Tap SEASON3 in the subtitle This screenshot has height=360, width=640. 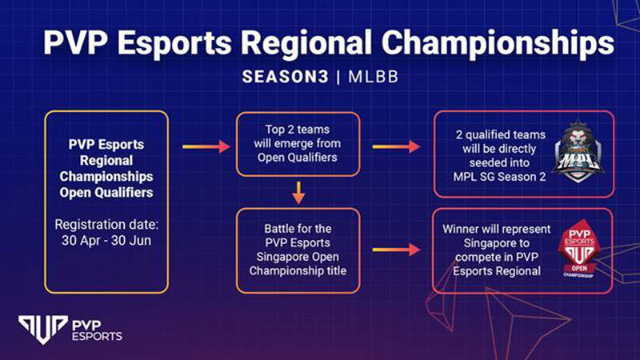[285, 77]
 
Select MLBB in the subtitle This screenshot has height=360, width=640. [373, 77]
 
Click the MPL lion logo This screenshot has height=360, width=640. [578, 151]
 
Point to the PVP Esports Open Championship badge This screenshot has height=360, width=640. [578, 249]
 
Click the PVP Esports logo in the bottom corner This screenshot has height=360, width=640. [70, 330]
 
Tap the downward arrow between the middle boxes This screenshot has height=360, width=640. [298, 193]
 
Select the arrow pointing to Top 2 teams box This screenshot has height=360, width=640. [206, 146]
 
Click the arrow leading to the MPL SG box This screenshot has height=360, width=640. [396, 146]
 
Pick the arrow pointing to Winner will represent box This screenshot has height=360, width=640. [396, 250]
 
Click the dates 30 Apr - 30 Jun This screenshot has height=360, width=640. [106, 241]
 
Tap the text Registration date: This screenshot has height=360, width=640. [106, 225]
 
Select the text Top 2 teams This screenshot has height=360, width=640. [298, 130]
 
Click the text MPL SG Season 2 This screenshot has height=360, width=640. [499, 177]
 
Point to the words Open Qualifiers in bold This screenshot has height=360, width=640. [106, 192]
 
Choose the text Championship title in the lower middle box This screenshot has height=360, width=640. [298, 270]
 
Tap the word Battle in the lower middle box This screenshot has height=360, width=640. [281, 229]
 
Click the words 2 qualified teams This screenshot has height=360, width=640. [501, 134]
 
